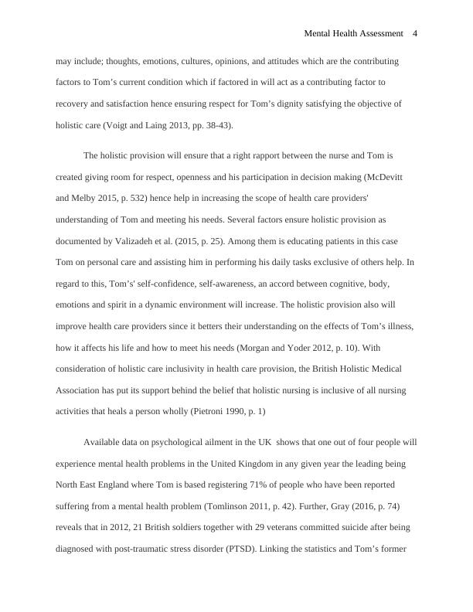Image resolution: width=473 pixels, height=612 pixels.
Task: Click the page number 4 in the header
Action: point(415,33)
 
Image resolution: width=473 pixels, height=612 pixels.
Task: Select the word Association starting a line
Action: point(80,389)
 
